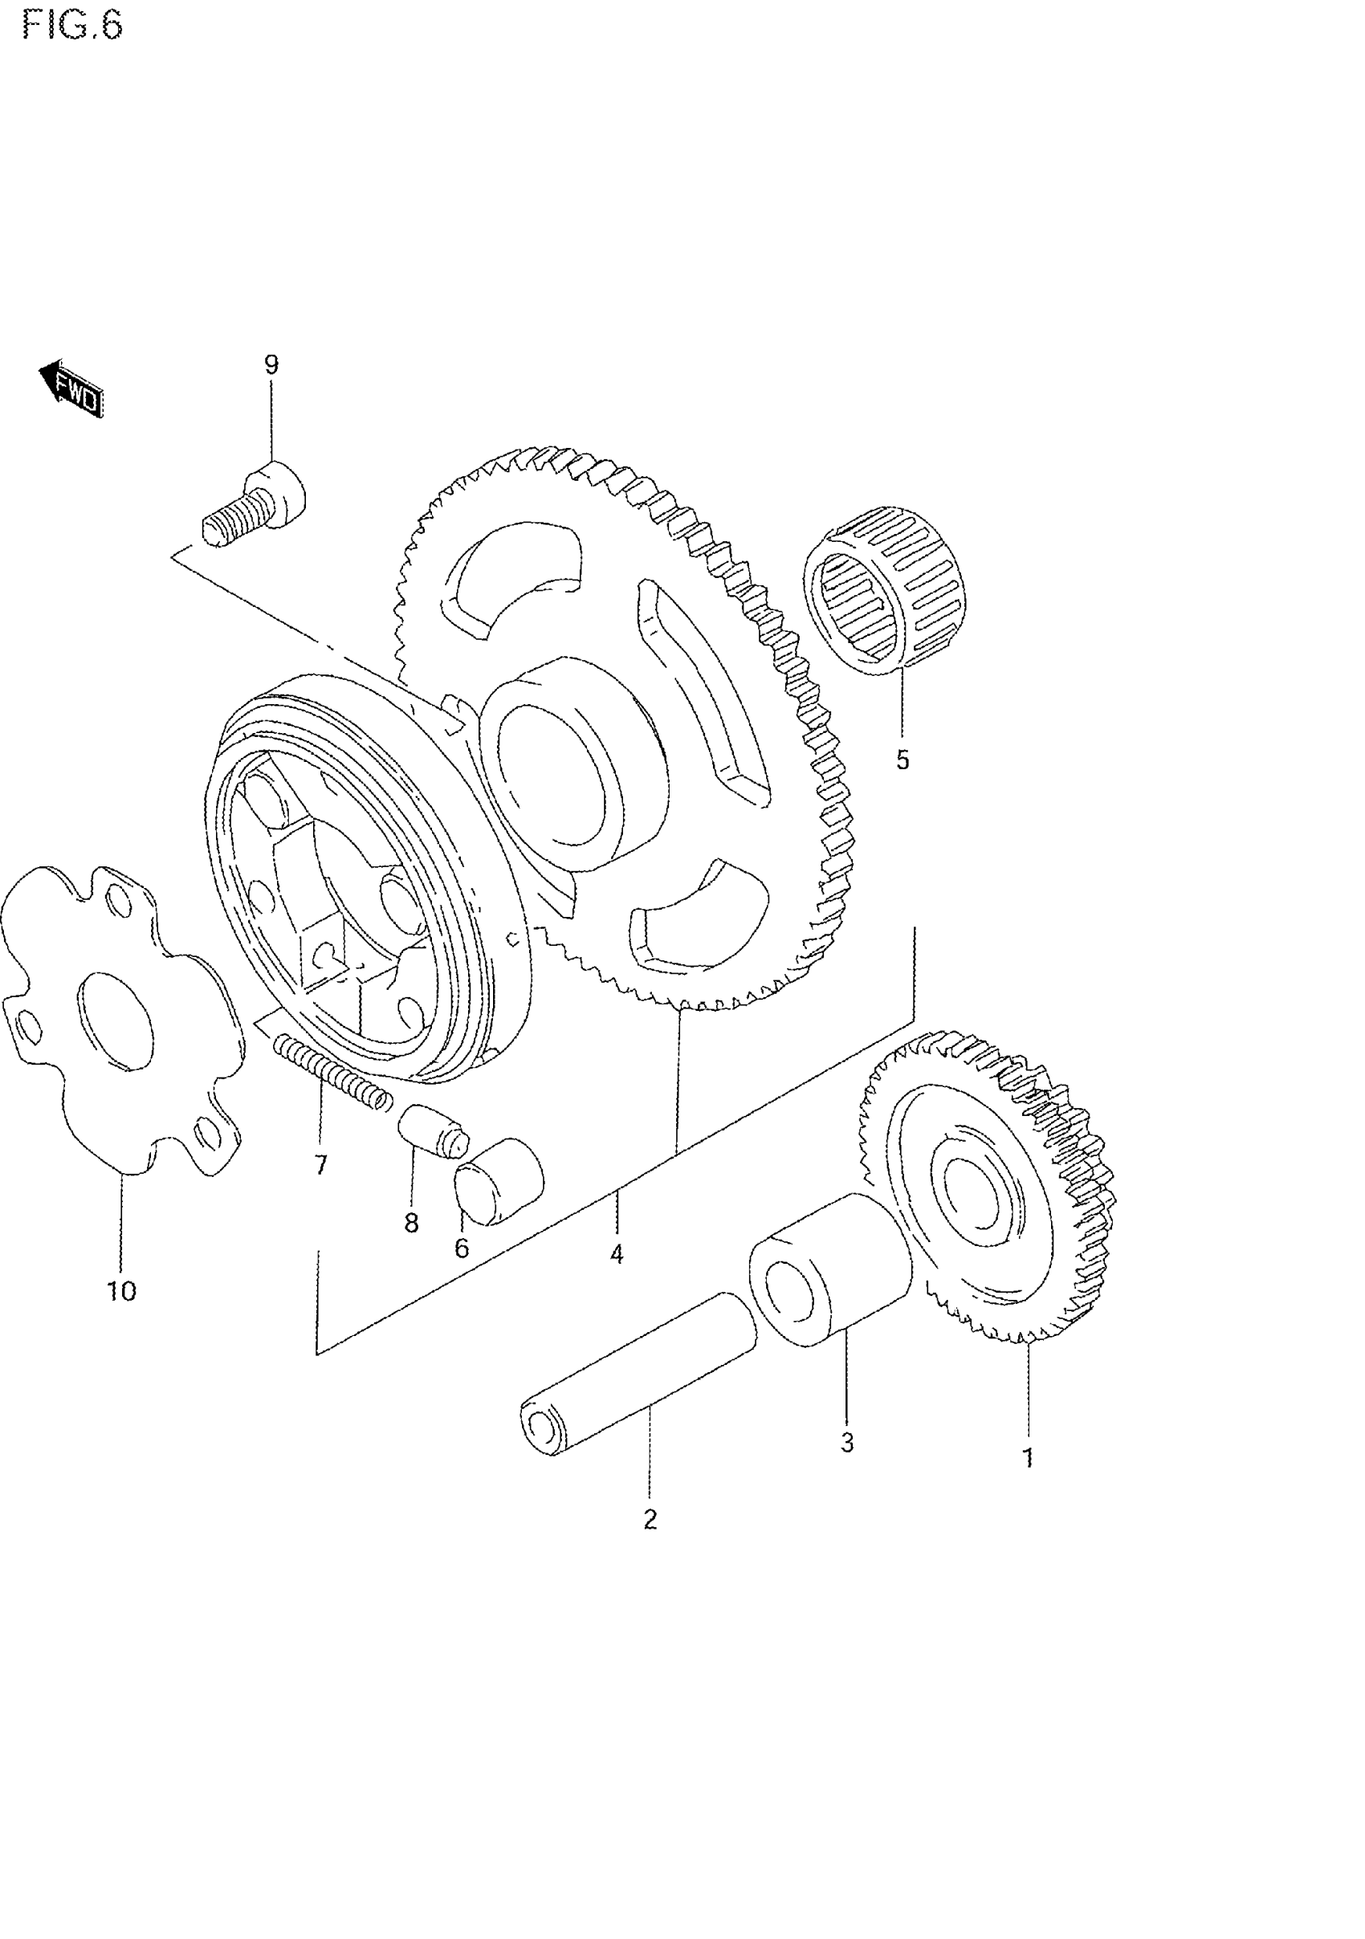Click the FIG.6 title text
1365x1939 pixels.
tap(72, 26)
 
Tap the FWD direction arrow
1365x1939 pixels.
tap(72, 390)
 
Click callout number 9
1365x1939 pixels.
tap(271, 365)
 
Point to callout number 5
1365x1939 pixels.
tap(903, 760)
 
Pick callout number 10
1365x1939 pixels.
tap(121, 1291)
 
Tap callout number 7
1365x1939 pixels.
tap(320, 1166)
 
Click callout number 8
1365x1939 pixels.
tap(411, 1223)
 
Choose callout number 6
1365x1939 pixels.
tap(461, 1249)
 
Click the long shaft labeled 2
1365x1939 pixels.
tap(638, 1385)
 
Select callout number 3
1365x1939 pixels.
tap(847, 1443)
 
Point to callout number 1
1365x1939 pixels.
tap(1028, 1457)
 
